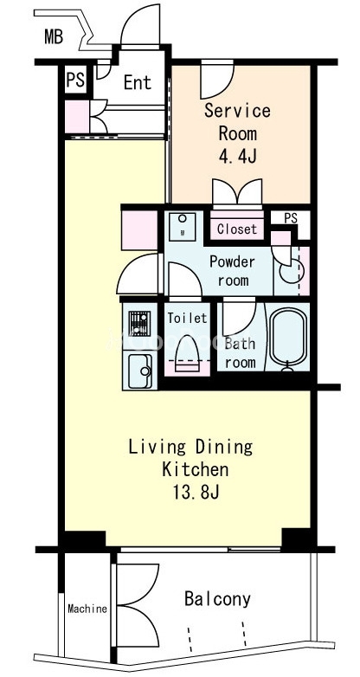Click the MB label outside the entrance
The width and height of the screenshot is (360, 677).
coord(54,37)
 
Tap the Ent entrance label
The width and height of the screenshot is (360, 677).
coord(138,82)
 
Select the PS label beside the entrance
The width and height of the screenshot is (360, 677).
coord(75,80)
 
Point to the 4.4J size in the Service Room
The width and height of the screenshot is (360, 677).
coord(237,157)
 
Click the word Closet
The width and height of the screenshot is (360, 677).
coord(237,229)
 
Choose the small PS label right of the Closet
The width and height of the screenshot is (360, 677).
coord(291,218)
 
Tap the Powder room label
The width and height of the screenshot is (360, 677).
coord(232,271)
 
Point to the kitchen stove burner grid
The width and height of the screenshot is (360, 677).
coord(139,323)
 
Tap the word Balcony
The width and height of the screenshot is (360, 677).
coord(217,599)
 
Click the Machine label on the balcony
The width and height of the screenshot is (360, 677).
coord(87,609)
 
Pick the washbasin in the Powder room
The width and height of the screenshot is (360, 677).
coord(182,226)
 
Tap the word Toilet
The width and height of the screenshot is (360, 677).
coord(187,319)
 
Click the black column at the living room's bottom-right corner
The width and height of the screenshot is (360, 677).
coord(298,538)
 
